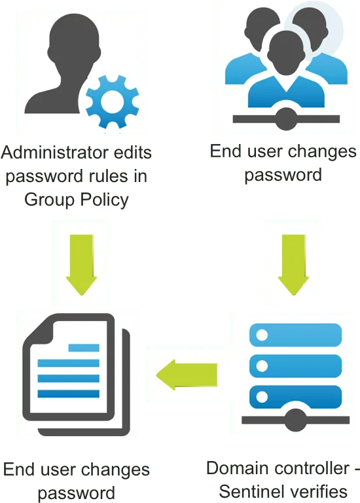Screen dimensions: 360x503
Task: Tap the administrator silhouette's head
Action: point(75,39)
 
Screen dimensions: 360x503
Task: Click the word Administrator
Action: point(46,152)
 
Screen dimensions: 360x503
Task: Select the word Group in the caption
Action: point(50,200)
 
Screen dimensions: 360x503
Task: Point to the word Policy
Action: point(104,200)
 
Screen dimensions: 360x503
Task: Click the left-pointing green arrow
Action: point(187,375)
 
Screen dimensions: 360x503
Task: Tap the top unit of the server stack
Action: point(296,335)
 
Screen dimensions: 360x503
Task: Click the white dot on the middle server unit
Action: point(262,366)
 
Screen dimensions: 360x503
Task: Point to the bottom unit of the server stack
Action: point(296,397)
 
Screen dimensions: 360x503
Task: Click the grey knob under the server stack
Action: point(296,420)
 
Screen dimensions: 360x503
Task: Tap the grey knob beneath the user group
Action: point(285,119)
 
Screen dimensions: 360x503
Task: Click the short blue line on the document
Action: point(84,348)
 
